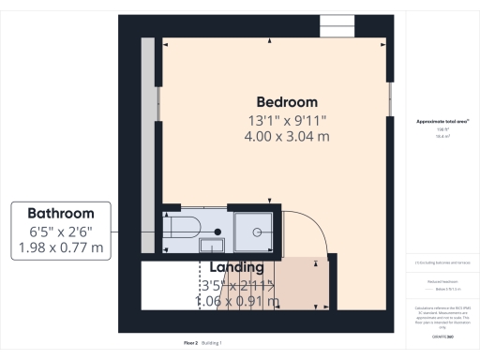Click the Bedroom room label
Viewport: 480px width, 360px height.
tap(288, 101)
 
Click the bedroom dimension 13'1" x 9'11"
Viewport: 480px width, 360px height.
tap(288, 120)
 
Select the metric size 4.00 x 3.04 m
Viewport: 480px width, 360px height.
tap(288, 137)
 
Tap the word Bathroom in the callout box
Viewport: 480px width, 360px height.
tap(60, 213)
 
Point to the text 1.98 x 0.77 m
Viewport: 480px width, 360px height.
tap(60, 248)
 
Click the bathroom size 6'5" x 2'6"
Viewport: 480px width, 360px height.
tap(60, 232)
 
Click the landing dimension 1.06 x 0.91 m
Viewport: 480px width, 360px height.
tap(236, 301)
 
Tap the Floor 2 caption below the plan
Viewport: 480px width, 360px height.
tap(191, 344)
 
